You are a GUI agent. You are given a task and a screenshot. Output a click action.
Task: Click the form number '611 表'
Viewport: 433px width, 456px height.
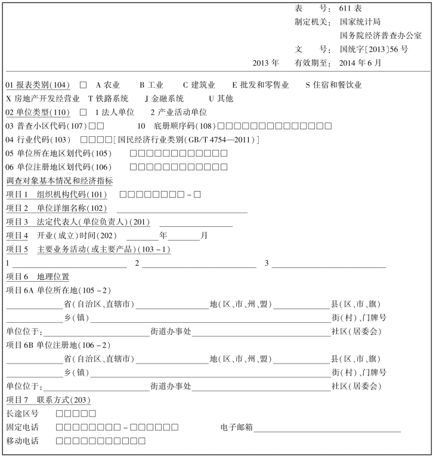351,9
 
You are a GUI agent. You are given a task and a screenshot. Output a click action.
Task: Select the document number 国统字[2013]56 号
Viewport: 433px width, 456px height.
374,49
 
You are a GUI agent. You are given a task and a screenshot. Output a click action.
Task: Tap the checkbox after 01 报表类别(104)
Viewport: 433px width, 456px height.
83,85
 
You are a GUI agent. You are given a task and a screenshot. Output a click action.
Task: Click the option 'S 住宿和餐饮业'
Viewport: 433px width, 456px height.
333,85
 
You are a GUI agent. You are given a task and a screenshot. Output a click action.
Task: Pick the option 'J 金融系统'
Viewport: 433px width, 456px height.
165,98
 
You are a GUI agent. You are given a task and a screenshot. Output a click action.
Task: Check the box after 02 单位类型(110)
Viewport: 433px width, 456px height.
83,112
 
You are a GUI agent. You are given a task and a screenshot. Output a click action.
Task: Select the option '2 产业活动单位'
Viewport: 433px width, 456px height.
178,112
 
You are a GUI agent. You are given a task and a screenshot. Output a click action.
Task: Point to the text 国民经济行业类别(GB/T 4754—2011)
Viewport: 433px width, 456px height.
187,140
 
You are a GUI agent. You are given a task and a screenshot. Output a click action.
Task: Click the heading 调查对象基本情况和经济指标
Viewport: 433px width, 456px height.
60,181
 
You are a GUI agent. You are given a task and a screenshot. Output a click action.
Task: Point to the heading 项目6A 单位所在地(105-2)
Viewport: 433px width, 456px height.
58,290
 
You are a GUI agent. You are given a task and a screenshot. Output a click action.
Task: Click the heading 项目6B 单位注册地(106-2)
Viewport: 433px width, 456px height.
58,345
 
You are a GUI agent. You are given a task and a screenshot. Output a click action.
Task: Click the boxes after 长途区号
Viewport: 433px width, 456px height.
76,414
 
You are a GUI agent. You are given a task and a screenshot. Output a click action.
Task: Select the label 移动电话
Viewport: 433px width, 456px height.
22,441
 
